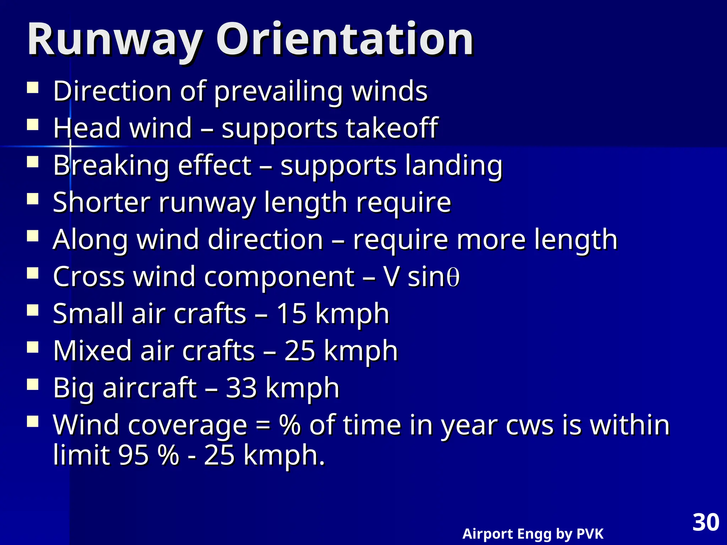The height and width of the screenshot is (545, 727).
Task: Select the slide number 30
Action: pos(706,522)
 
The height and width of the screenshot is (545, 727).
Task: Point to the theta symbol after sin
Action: pos(453,277)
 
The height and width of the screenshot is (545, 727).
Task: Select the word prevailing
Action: pos(279,92)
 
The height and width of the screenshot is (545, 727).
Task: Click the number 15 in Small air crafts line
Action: pos(291,314)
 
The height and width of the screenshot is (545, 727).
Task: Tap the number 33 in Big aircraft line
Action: pos(241,387)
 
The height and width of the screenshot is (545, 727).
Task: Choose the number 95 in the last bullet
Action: pos(133,455)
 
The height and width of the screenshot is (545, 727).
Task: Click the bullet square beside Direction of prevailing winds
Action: pos(33,88)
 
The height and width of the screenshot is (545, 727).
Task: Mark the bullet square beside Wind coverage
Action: pos(33,422)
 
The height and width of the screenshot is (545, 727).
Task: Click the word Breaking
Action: pos(111,165)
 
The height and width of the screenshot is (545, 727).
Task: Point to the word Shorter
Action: pos(101,202)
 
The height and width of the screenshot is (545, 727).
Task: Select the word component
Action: pos(279,277)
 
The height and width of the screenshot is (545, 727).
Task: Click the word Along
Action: pos(90,240)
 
